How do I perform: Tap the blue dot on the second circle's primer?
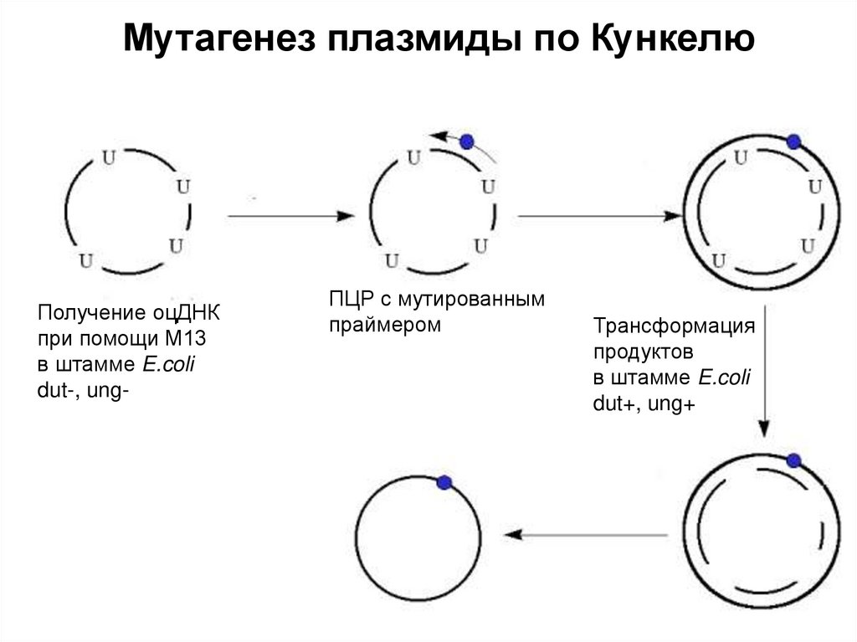point(467,141)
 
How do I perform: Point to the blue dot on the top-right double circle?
point(794,141)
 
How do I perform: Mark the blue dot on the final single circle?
point(444,482)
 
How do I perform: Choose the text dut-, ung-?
point(83,389)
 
